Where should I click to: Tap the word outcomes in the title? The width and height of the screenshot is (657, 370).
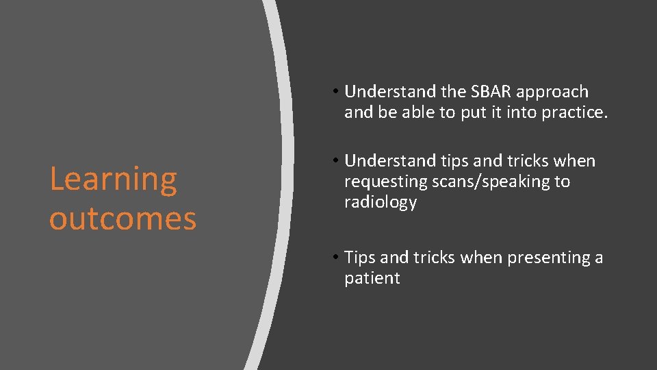point(123,219)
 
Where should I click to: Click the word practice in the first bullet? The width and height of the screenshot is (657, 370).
point(573,113)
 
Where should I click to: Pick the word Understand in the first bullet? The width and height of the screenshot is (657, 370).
point(387,92)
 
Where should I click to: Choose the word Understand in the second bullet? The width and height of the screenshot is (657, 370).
point(387,161)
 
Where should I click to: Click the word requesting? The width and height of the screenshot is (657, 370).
point(385,182)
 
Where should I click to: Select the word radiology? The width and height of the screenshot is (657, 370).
point(380,203)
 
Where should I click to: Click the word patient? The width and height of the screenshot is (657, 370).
point(372,278)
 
